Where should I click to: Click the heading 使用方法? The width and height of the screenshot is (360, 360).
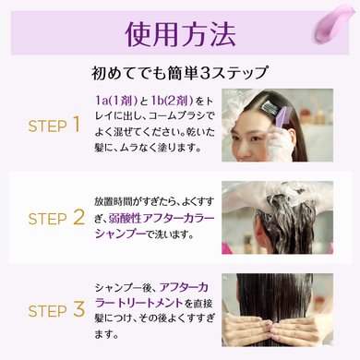180,34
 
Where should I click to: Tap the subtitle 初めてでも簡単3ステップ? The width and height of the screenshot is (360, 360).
179,73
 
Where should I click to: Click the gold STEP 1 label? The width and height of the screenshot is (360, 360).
54,126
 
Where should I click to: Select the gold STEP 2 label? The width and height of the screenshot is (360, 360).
56,218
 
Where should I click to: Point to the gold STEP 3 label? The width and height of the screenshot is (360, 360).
56,309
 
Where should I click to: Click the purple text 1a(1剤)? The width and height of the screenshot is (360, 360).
116,101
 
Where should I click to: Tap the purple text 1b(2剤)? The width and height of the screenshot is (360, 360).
172,101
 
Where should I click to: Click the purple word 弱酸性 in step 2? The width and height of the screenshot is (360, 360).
126,219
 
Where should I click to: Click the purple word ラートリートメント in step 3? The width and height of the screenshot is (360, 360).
139,303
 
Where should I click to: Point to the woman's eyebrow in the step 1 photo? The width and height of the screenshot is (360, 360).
257,130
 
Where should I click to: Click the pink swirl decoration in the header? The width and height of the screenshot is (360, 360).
334,23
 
